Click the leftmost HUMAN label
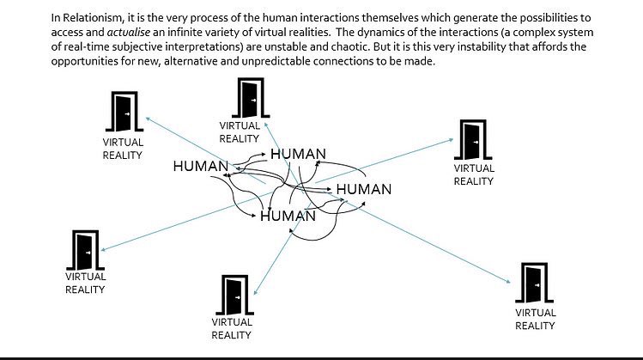[200, 167]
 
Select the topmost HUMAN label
[298, 154]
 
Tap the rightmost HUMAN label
[363, 189]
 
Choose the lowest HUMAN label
[288, 216]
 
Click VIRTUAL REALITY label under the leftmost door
[85, 283]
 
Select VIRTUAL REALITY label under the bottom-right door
[535, 319]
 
